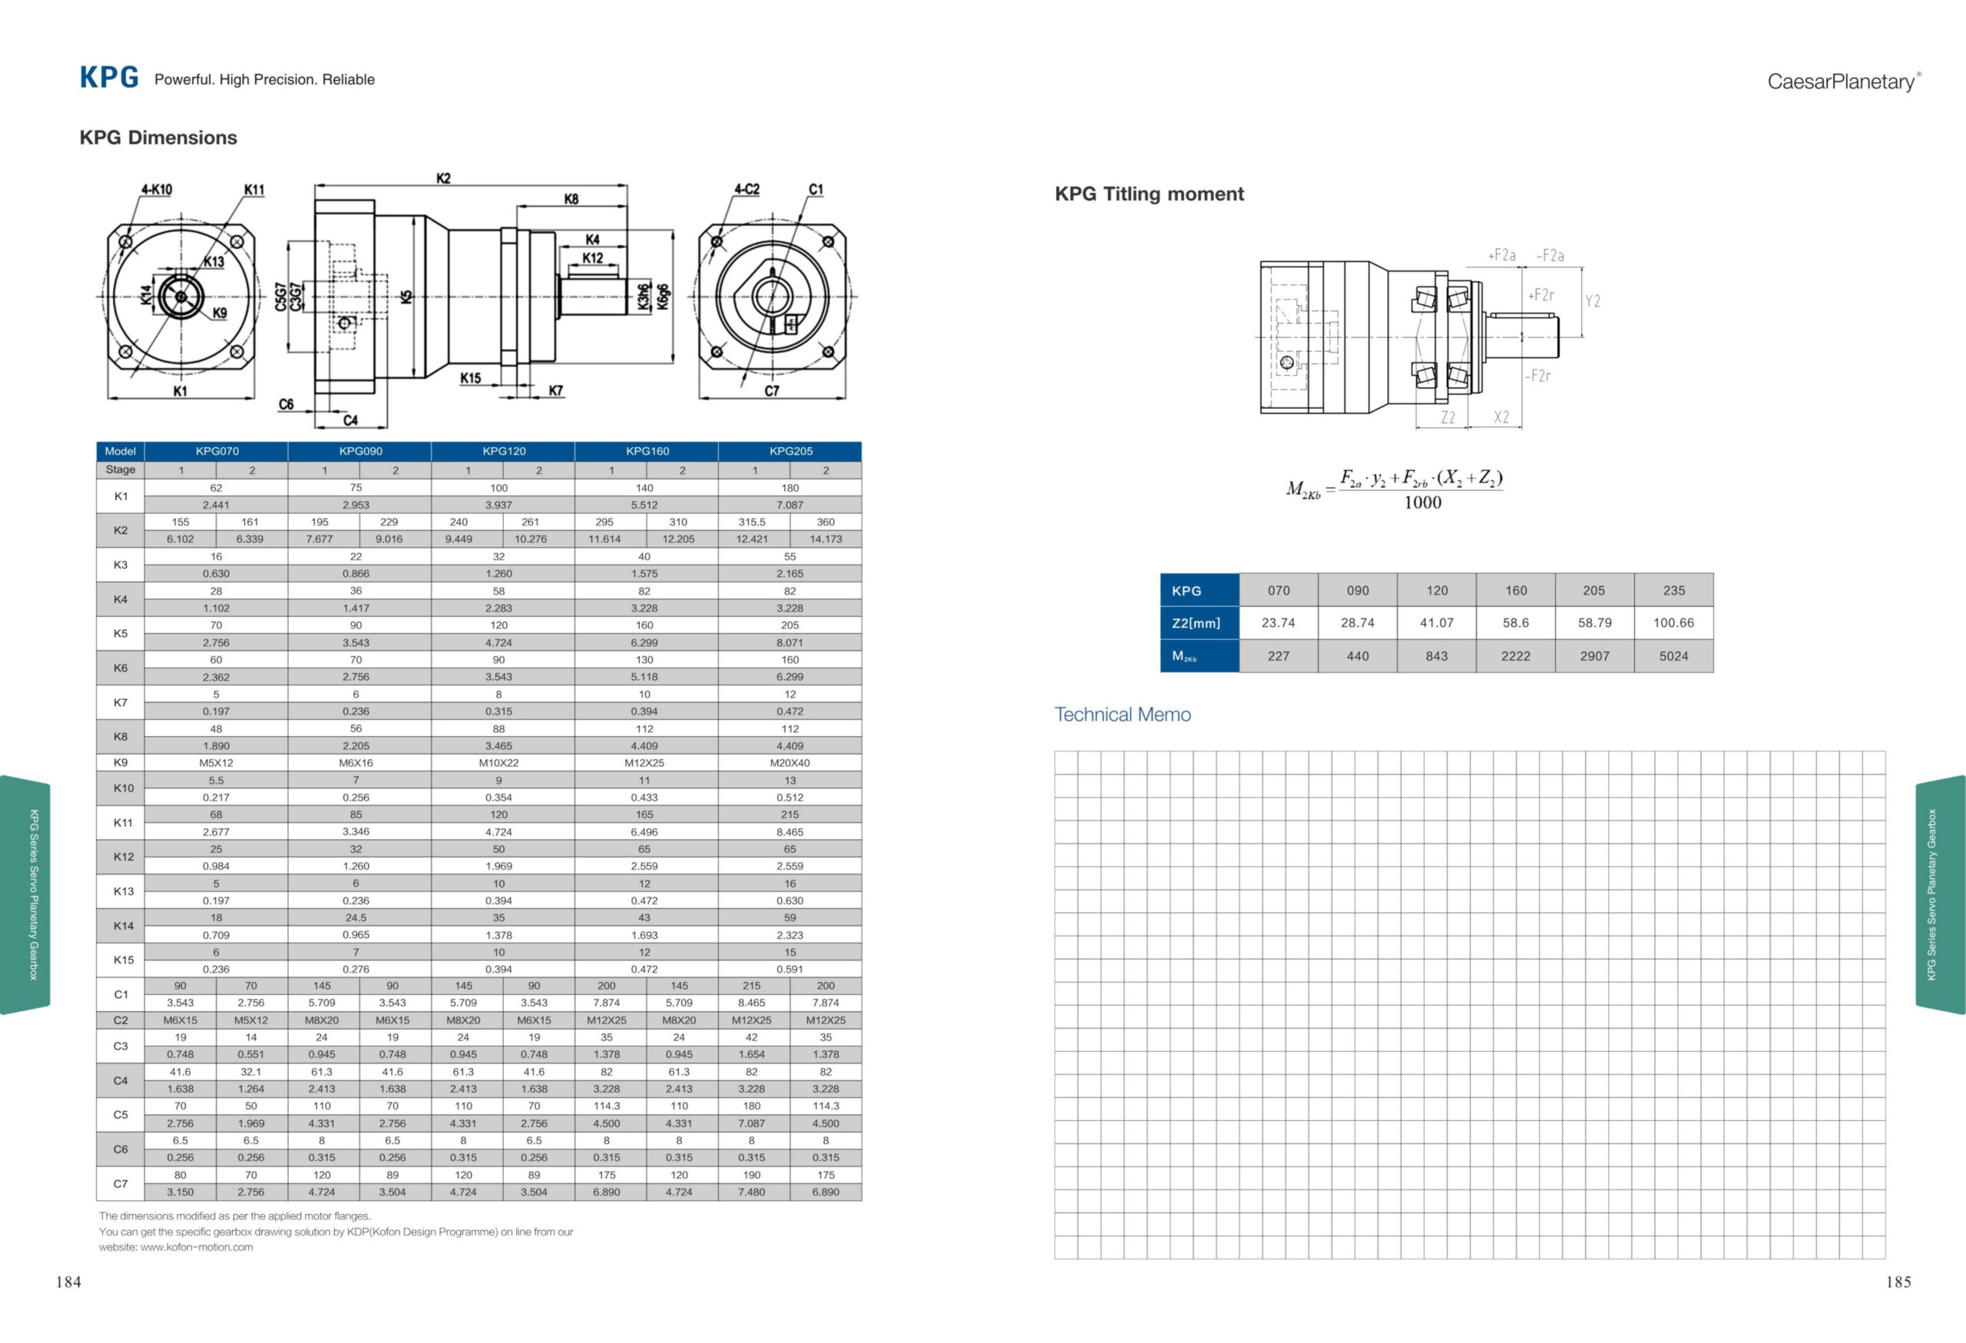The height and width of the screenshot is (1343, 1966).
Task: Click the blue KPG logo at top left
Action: (x=109, y=78)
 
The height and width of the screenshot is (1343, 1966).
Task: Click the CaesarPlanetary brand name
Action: (x=1841, y=81)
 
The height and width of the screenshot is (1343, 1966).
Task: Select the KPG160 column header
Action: (x=647, y=451)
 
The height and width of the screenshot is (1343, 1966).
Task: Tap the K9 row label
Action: (x=120, y=762)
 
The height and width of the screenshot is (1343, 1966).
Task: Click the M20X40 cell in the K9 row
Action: (x=789, y=762)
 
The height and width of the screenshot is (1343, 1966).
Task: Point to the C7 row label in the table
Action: (x=120, y=1183)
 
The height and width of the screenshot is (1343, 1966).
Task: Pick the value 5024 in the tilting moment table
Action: (x=1673, y=656)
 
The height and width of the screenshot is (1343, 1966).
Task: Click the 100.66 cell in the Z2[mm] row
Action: (x=1673, y=623)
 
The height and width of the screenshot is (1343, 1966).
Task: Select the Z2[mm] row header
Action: (x=1196, y=623)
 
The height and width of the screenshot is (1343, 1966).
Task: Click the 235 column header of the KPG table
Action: (x=1673, y=591)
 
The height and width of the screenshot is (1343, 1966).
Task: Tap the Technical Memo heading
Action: (x=1122, y=715)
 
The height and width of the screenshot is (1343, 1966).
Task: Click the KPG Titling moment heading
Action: (x=1149, y=194)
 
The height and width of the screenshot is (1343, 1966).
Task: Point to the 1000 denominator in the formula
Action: (x=1422, y=502)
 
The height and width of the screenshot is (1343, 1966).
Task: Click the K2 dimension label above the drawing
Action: (x=443, y=178)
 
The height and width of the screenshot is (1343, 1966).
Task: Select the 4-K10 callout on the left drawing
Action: (x=157, y=190)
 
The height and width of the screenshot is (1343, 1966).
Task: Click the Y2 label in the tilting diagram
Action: (x=1592, y=301)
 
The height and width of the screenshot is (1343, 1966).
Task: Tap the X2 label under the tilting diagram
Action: (x=1501, y=417)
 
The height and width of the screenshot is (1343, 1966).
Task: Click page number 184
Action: (x=68, y=1282)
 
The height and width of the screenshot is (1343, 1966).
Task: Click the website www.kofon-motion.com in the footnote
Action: (x=197, y=1246)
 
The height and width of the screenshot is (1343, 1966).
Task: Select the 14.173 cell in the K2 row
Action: (x=826, y=539)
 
